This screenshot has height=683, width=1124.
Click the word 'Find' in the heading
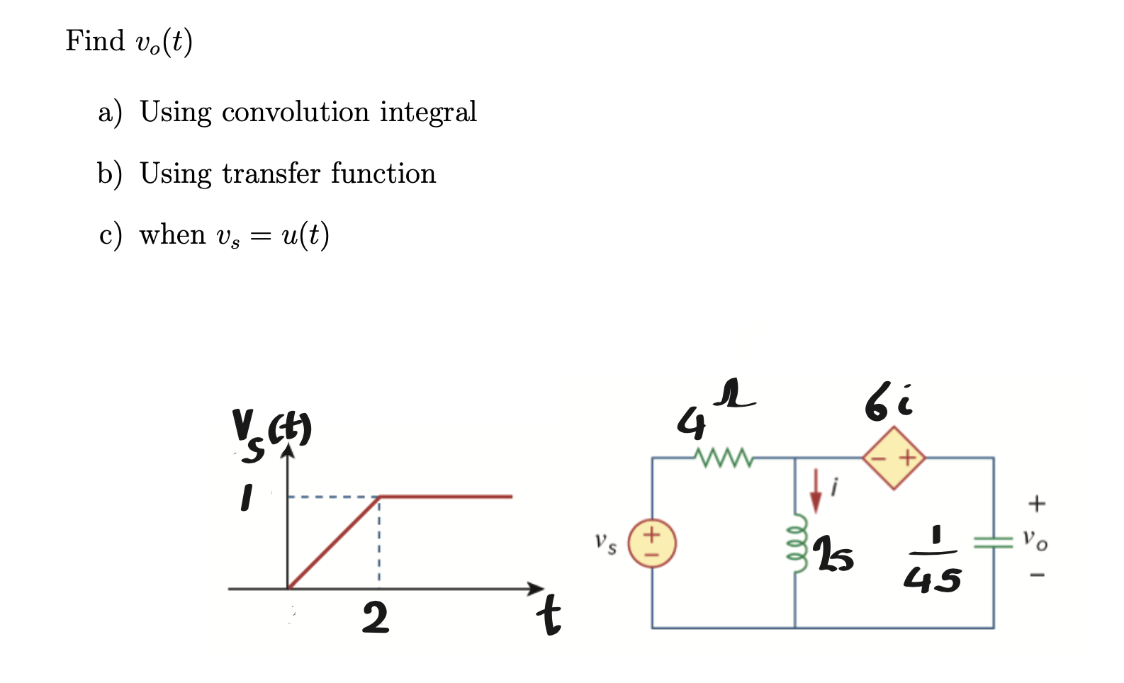pos(95,41)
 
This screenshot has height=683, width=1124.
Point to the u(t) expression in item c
pos(305,235)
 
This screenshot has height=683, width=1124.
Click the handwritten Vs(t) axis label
pos(271,433)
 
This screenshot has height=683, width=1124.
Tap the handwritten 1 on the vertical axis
pos(245,497)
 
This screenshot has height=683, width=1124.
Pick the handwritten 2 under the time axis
pos(375,618)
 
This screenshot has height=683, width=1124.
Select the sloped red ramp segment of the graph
pos(333,543)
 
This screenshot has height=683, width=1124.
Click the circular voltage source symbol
pos(652,543)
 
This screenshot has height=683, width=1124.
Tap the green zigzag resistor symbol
pos(723,458)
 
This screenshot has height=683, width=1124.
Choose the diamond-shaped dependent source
pos(894,458)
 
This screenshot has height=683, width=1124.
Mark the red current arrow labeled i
pos(816,490)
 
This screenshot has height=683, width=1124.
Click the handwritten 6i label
pos(889,403)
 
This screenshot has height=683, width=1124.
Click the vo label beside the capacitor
pos(1035,540)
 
